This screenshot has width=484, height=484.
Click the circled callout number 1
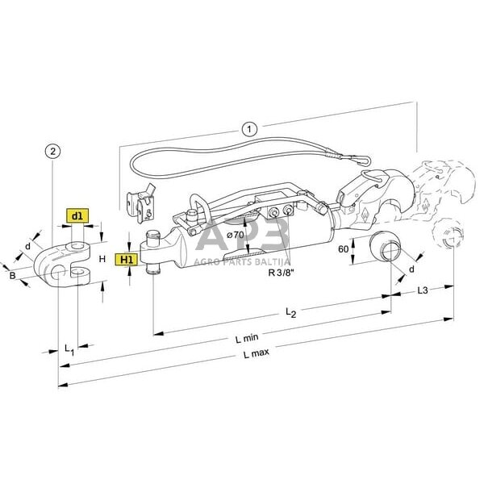[249, 127]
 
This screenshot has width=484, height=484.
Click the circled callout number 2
[52, 151]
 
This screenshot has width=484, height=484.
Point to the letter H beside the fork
[102, 259]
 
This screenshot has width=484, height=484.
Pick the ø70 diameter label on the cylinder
[236, 234]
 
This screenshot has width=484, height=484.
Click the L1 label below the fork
[69, 348]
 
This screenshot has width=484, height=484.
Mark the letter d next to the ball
[411, 269]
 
